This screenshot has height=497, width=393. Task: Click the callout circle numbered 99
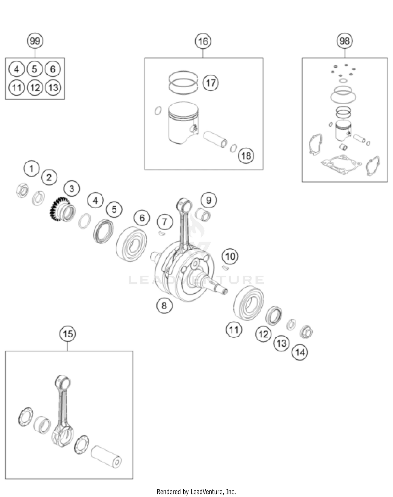coord(35,41)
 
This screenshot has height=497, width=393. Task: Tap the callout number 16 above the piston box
coord(203,41)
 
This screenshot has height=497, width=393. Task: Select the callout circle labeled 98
coord(345,41)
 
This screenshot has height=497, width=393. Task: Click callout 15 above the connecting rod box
coord(68,334)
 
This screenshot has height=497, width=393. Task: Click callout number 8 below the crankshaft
coord(164,305)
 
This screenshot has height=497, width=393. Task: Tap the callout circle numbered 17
coord(211,83)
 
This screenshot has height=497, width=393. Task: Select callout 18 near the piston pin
coord(246,156)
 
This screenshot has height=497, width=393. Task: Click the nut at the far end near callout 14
coord(306,332)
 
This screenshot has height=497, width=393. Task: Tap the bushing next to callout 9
coord(203,214)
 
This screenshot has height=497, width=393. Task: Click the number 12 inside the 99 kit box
coord(35,88)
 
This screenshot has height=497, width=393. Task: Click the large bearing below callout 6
coord(131,244)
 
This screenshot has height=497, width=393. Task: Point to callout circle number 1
coord(31,169)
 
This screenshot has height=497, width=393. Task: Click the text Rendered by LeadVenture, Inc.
coord(196,492)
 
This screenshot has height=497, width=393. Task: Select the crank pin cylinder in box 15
coord(106,456)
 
